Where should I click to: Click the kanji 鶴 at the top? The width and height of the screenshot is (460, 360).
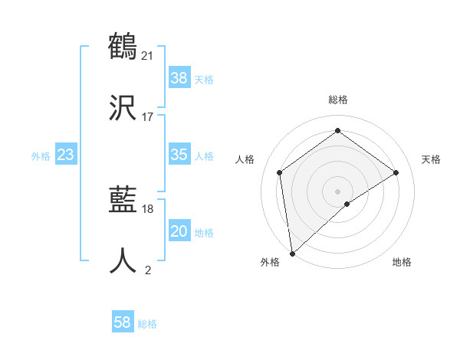pyautogui.click(x=123, y=45)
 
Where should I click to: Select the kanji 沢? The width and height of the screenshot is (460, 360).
pyautogui.click(x=123, y=107)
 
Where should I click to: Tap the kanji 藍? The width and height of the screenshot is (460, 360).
pyautogui.click(x=123, y=200)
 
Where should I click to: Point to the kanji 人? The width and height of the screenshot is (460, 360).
pyautogui.click(x=123, y=261)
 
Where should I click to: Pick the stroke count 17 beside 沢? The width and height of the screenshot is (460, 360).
pyautogui.click(x=148, y=117)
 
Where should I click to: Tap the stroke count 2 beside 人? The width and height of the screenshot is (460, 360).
pyautogui.click(x=148, y=270)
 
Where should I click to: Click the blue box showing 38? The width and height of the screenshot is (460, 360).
pyautogui.click(x=179, y=77)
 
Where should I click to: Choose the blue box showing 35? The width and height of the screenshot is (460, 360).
pyautogui.click(x=179, y=155)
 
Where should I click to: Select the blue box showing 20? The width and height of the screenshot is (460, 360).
pyautogui.click(x=179, y=231)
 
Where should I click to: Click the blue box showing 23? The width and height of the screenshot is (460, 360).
pyautogui.click(x=66, y=155)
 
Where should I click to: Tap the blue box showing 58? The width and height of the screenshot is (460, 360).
pyautogui.click(x=123, y=322)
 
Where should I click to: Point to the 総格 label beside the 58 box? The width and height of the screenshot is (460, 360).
pyautogui.click(x=147, y=324)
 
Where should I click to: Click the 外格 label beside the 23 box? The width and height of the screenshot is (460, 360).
pyautogui.click(x=41, y=156)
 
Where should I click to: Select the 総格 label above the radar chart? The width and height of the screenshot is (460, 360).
pyautogui.click(x=338, y=100)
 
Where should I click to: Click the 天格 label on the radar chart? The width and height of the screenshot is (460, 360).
pyautogui.click(x=431, y=159)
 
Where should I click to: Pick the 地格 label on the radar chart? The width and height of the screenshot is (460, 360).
pyautogui.click(x=402, y=263)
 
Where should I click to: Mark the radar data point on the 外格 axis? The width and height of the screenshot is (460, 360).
pyautogui.click(x=291, y=254)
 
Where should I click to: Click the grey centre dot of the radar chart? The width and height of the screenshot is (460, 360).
pyautogui.click(x=338, y=190)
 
